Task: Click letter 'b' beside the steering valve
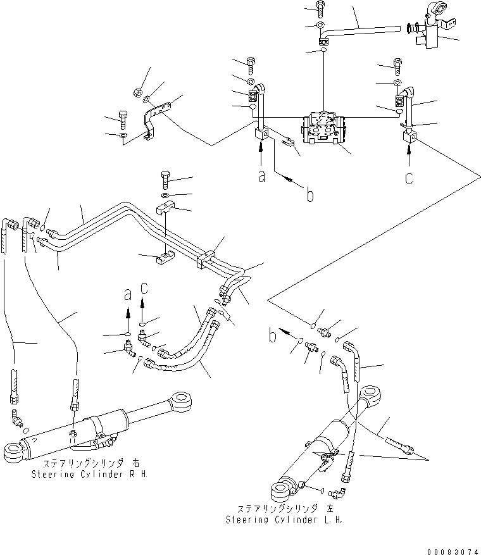[309, 196]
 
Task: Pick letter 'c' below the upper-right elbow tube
[410, 178]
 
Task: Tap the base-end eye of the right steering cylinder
[15, 452]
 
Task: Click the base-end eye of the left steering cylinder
[282, 490]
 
